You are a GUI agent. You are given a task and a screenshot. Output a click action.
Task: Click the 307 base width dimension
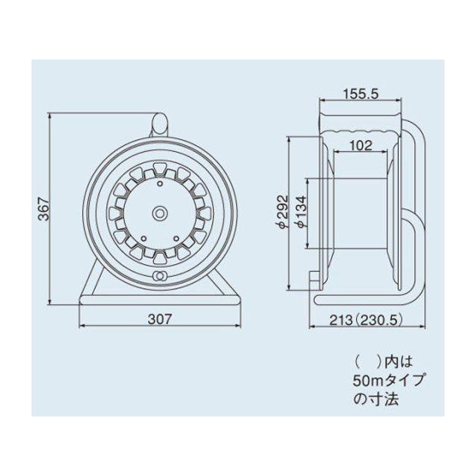tap(160, 319)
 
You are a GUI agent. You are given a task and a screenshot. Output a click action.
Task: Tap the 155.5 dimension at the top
tap(361, 94)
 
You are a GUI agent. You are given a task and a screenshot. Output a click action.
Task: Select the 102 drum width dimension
tap(361, 146)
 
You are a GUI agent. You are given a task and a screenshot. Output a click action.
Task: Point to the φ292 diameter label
tap(283, 211)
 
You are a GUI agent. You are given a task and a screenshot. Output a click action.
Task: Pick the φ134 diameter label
tap(301, 211)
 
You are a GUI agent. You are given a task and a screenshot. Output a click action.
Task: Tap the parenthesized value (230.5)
tap(379, 320)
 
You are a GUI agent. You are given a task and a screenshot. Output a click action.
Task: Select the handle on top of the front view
tap(160, 123)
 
